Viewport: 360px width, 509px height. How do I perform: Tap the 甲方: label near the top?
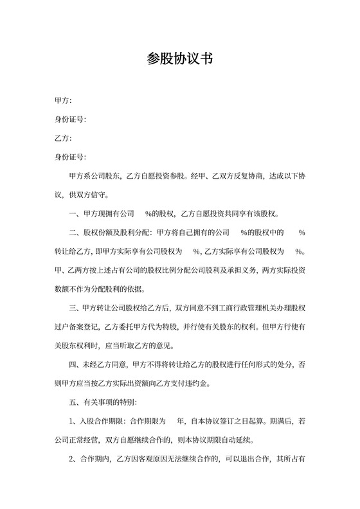click(x=63, y=101)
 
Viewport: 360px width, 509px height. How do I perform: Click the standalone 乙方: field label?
click(x=63, y=138)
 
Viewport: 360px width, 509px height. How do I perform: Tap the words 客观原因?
click(x=147, y=459)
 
